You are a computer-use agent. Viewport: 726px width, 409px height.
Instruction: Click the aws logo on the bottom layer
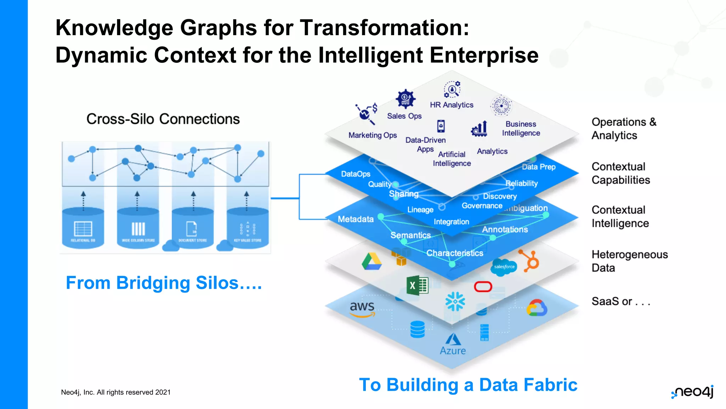coord(362,308)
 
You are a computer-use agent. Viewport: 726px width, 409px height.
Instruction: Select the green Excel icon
coord(417,285)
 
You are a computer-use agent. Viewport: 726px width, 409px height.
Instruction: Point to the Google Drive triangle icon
coord(372,262)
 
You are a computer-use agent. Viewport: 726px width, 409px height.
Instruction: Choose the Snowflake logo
coord(455,301)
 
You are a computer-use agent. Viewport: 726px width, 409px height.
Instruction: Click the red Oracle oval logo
coord(483,287)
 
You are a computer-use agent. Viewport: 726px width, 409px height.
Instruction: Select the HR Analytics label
coord(452,105)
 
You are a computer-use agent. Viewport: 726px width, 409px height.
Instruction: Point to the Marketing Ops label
coord(373,135)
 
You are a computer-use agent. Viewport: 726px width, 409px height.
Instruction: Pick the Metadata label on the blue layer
coord(356,219)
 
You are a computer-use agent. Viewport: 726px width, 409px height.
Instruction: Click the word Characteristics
coord(455,253)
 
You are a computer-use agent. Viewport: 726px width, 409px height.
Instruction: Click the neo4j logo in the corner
coord(693,392)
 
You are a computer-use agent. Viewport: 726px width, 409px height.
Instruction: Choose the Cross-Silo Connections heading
coord(163,119)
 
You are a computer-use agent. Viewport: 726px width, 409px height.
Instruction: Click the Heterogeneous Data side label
coord(630,261)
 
